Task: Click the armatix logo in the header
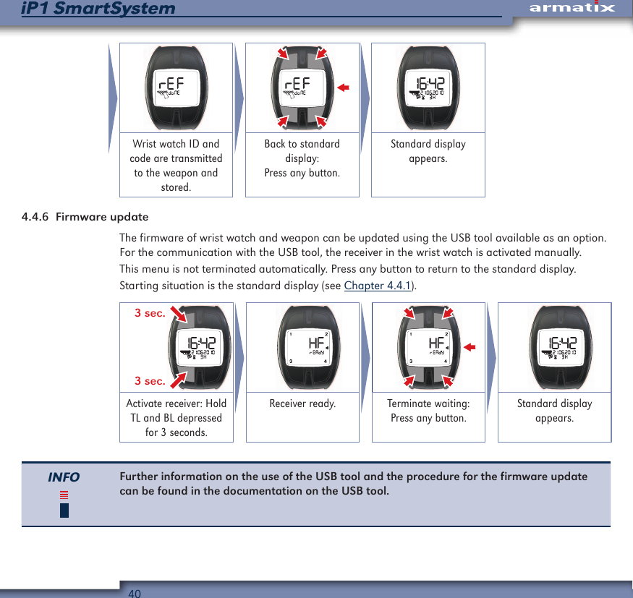(572, 8)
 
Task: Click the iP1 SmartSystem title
(98, 9)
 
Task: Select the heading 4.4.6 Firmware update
(85, 217)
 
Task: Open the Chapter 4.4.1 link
(377, 286)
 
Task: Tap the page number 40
(135, 593)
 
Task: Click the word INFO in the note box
(64, 477)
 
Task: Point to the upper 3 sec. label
(150, 313)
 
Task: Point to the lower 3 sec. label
(150, 381)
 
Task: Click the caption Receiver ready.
(302, 403)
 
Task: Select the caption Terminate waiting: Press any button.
(428, 411)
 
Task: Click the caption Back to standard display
(302, 158)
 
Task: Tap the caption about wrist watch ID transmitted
(176, 166)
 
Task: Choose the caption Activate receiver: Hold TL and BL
(176, 418)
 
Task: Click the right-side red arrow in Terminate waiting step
(470, 348)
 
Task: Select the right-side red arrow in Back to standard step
(343, 87)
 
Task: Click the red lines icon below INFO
(64, 495)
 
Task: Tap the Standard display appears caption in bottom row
(554, 411)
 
